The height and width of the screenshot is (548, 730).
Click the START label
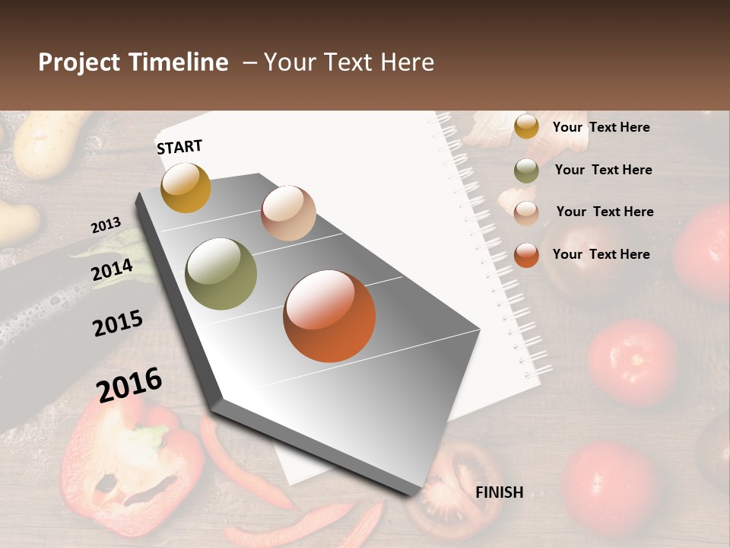(x=179, y=147)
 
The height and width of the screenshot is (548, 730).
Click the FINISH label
(x=499, y=492)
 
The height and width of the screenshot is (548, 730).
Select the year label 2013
(x=106, y=225)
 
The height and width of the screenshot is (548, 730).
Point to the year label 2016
(x=129, y=384)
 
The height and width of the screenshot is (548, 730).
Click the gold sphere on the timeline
(x=186, y=188)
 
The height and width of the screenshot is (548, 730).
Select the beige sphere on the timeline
(x=288, y=213)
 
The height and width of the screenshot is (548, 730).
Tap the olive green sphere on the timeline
(x=221, y=274)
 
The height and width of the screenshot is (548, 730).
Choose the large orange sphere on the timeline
(x=329, y=316)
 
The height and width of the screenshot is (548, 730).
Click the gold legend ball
(x=526, y=126)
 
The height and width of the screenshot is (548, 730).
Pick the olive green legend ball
(x=526, y=170)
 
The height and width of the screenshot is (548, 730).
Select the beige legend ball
(x=526, y=213)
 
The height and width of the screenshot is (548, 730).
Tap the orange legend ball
(x=526, y=255)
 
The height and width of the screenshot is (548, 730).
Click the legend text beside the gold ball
(x=601, y=127)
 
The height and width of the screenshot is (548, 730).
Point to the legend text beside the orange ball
(x=601, y=254)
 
